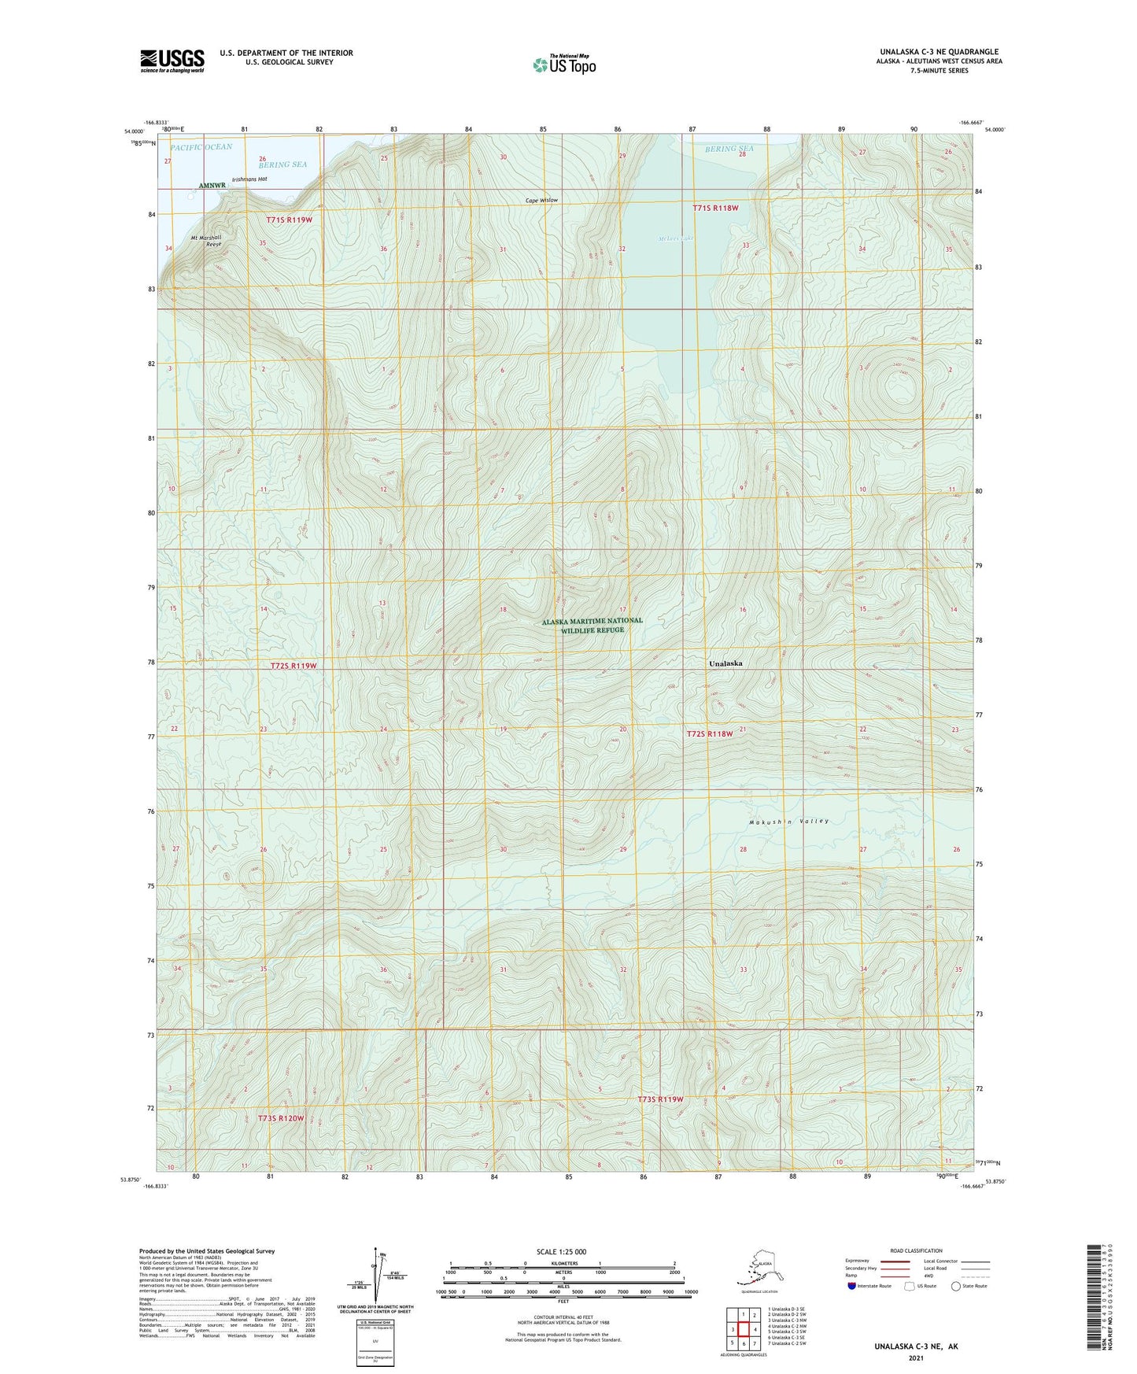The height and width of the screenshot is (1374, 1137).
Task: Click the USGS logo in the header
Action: pyautogui.click(x=172, y=61)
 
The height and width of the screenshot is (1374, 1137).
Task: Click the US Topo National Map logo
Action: pyautogui.click(x=563, y=64)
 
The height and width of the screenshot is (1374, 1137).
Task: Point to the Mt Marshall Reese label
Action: pyautogui.click(x=206, y=241)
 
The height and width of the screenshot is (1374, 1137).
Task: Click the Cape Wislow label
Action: pyautogui.click(x=541, y=201)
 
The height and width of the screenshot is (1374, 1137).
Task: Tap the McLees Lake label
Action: pyautogui.click(x=676, y=238)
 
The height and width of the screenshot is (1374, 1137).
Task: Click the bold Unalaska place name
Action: pyautogui.click(x=725, y=663)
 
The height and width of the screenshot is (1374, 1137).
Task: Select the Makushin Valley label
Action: pyautogui.click(x=789, y=821)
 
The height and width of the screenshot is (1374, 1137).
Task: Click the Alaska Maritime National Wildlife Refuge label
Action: pyautogui.click(x=592, y=625)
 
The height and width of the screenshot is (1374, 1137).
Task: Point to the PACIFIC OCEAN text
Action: pyautogui.click(x=201, y=147)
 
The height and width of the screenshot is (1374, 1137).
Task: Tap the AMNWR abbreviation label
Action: pyautogui.click(x=212, y=186)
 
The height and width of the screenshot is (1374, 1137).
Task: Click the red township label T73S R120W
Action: pyautogui.click(x=280, y=1117)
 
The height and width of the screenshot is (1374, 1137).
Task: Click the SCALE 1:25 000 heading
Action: pyautogui.click(x=561, y=1252)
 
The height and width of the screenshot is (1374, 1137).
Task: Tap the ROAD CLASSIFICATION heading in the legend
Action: pyautogui.click(x=916, y=1250)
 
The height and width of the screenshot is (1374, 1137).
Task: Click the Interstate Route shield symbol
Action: pyautogui.click(x=851, y=1286)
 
